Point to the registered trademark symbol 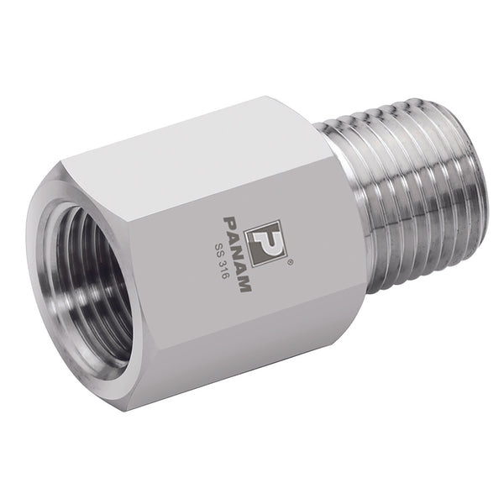coord(290,263)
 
